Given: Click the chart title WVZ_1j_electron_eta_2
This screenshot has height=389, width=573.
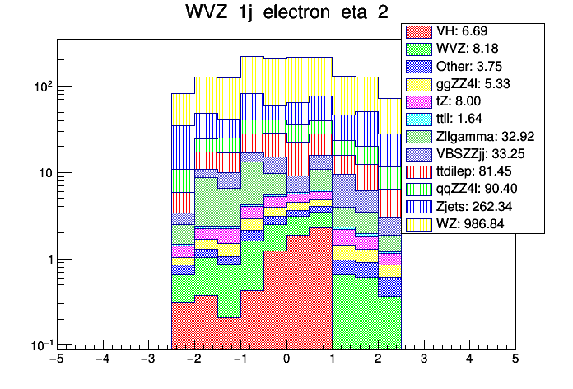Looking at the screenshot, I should click(286, 13).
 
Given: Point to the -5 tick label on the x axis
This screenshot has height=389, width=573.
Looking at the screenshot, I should click(56, 359).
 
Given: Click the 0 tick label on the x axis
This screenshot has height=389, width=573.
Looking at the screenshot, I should click(286, 359).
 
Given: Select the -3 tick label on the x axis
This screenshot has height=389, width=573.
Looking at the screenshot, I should click(147, 359).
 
